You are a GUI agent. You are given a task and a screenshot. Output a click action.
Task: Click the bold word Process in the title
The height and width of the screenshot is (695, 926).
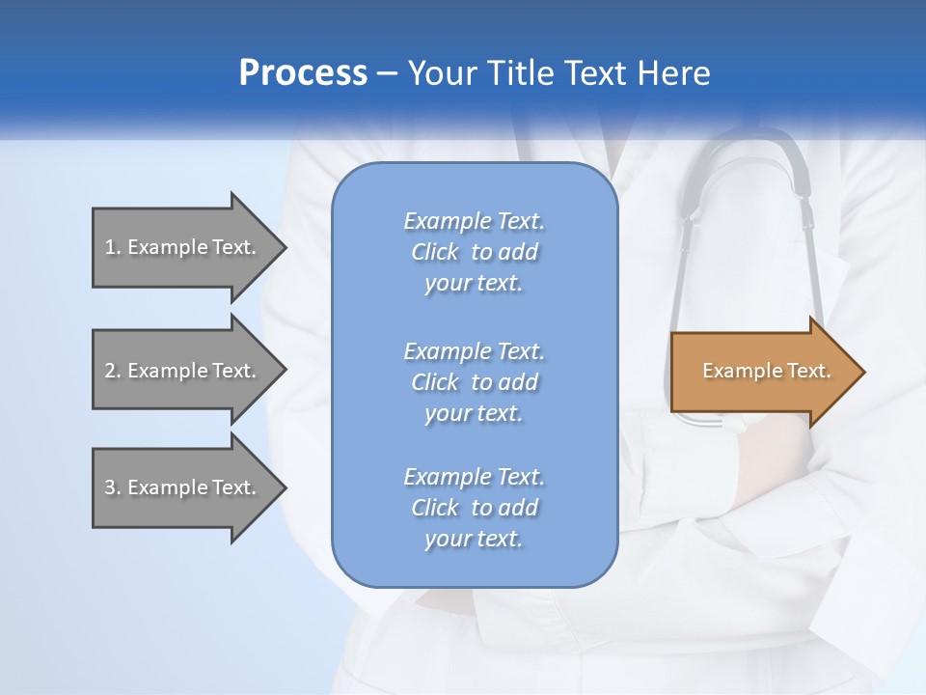(303, 73)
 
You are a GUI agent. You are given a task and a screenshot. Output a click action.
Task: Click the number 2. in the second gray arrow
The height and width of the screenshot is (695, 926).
(113, 371)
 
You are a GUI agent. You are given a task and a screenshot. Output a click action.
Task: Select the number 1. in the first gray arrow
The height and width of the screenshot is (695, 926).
(113, 247)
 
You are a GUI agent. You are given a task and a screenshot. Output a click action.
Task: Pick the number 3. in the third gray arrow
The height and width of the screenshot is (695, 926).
(113, 487)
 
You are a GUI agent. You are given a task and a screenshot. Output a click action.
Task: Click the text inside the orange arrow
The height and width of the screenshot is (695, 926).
(766, 371)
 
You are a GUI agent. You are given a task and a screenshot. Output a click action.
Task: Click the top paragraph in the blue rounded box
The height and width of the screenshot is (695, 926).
(474, 252)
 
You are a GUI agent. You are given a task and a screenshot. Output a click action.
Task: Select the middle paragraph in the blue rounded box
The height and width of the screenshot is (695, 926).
(474, 381)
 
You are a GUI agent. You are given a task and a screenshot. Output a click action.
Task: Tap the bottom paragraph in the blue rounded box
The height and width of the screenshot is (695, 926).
(474, 508)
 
